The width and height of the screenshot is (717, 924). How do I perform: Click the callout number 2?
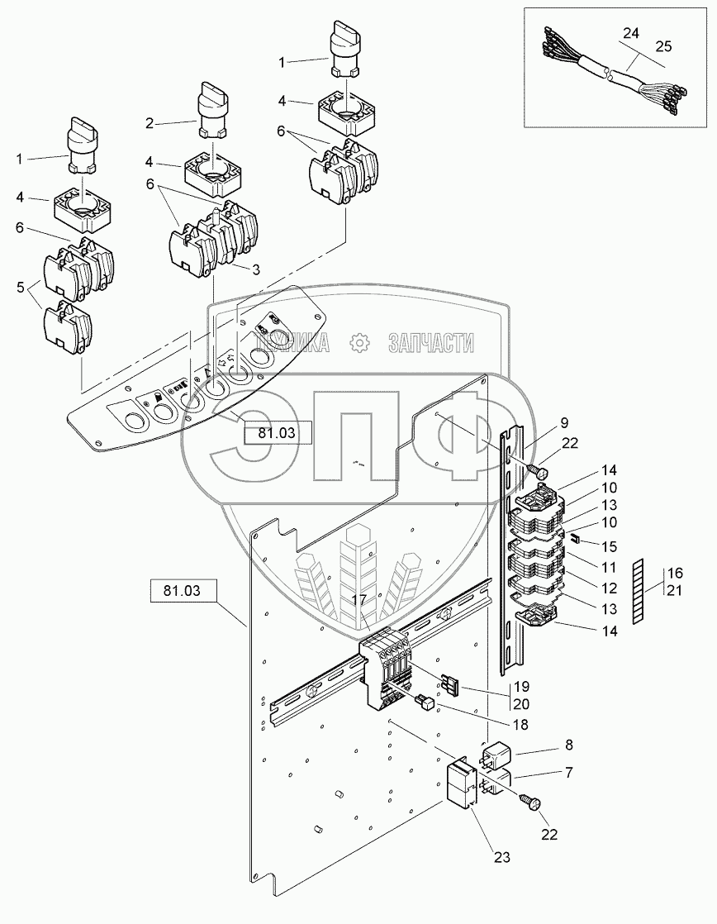(x=150, y=123)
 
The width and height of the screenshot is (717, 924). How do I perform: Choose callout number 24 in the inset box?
(x=631, y=35)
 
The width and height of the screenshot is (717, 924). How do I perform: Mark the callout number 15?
(x=610, y=546)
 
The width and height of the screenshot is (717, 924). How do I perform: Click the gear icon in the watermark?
(x=358, y=342)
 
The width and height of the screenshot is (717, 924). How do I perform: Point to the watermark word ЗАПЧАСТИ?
(x=430, y=342)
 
